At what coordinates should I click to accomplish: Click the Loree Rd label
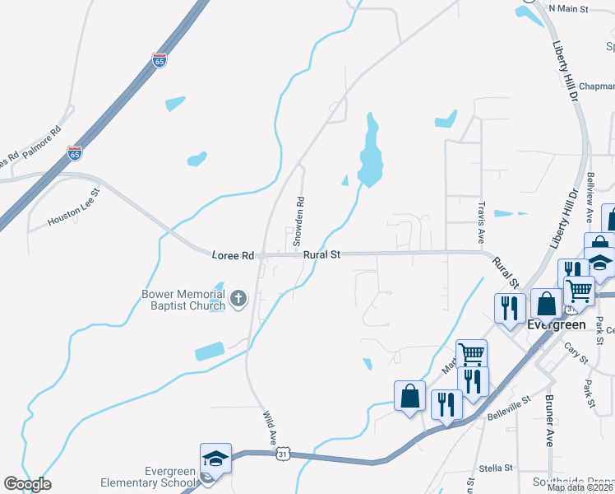pos(233,256)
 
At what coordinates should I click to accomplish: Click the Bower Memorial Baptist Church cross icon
pos(238,298)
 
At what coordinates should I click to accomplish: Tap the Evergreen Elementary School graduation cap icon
pos(215,459)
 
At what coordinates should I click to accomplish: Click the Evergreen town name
pos(556,324)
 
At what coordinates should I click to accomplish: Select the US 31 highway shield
pos(282,454)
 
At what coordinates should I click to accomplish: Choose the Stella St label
pos(496,468)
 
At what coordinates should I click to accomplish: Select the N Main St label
pos(569,8)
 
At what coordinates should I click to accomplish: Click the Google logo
pos(27,484)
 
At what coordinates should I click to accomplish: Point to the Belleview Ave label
pos(590,198)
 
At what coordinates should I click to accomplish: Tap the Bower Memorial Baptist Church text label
pos(183,300)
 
